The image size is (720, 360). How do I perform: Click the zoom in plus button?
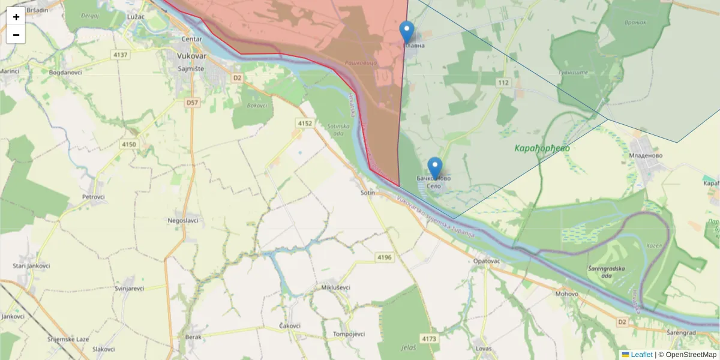point(16,17)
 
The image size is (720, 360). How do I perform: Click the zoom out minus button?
point(16,35)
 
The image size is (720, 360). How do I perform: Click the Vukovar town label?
point(192,56)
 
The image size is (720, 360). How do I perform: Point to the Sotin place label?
point(368,193)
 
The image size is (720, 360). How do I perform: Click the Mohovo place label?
point(566,294)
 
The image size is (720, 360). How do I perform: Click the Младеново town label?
point(645,155)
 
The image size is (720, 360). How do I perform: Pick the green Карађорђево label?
point(542,148)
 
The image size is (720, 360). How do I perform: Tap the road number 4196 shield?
point(385,257)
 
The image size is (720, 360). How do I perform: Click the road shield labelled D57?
point(192,103)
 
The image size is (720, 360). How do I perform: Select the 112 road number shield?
point(503,82)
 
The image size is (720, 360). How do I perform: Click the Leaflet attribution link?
point(641,355)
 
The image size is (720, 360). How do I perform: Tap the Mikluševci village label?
point(335,287)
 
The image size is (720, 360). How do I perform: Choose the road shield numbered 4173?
point(429,339)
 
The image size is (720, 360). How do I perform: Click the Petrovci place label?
point(94,197)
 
